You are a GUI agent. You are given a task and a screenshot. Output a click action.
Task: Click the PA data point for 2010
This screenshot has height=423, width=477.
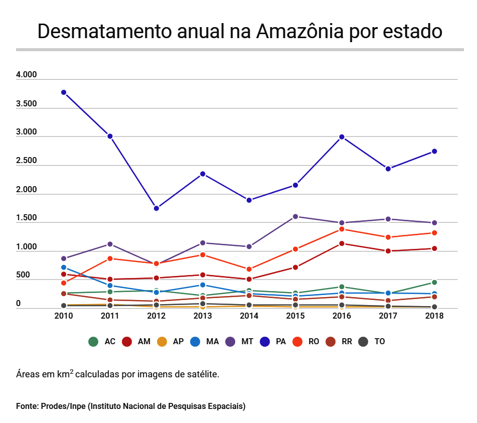pyautogui.click(x=64, y=92)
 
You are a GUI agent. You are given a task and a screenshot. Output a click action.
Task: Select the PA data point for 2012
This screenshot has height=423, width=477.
pyautogui.click(x=156, y=208)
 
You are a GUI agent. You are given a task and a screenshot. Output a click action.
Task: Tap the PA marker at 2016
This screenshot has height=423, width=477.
pyautogui.click(x=342, y=137)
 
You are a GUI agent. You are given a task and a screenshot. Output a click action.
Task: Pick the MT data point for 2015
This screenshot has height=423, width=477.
pyautogui.click(x=295, y=217)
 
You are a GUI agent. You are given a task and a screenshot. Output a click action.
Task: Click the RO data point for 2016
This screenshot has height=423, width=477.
pyautogui.click(x=342, y=229)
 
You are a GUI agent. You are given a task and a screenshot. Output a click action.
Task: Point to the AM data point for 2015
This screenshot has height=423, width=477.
pyautogui.click(x=295, y=267)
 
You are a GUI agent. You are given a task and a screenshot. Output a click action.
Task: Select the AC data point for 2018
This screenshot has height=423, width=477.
pyautogui.click(x=434, y=283)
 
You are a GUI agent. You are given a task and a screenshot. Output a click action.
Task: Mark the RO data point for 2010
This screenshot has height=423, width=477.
pyautogui.click(x=64, y=283)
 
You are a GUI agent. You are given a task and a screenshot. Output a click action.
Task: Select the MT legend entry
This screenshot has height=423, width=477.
pyautogui.click(x=239, y=342)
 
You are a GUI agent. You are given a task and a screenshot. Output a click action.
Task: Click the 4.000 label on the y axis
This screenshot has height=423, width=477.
pyautogui.click(x=27, y=75)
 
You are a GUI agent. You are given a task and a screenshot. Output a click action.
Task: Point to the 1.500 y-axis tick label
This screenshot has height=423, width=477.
pyautogui.click(x=27, y=218)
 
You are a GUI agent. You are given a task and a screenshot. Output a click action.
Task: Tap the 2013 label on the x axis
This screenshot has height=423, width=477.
pyautogui.click(x=203, y=316)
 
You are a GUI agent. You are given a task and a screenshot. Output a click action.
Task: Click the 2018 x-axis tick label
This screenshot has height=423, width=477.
pyautogui.click(x=434, y=316)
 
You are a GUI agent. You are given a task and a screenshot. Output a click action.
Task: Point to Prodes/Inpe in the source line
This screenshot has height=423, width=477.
pyautogui.click(x=63, y=405)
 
